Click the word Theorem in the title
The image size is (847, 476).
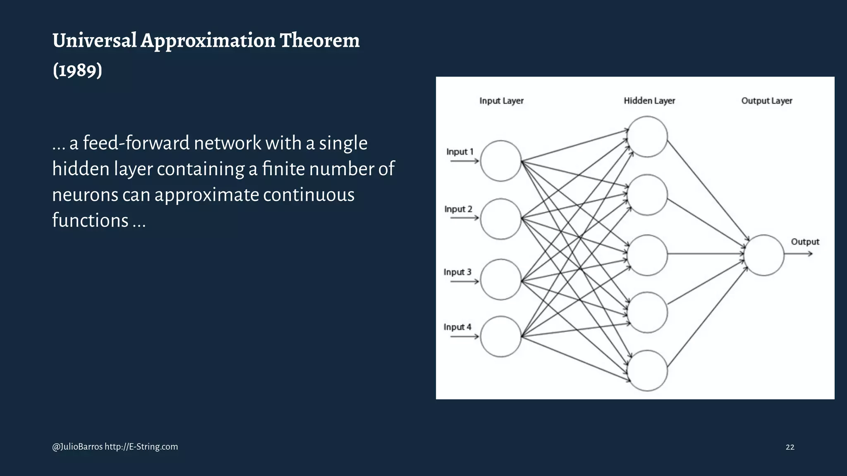(320, 40)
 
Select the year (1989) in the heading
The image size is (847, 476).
(77, 70)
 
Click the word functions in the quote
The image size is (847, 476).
(90, 220)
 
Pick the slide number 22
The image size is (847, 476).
(790, 447)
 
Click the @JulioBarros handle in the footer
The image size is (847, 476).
(77, 447)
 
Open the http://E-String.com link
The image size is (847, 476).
(141, 447)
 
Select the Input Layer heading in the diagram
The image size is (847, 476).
(501, 101)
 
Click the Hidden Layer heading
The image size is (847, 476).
(649, 101)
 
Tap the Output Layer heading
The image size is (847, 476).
(766, 101)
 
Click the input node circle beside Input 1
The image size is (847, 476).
(500, 161)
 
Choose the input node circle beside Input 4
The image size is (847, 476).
(500, 336)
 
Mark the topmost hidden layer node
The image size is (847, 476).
(647, 136)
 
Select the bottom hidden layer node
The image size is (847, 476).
(647, 371)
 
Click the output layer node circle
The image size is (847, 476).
(764, 255)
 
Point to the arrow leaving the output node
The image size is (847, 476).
(798, 254)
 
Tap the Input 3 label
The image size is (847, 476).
(457, 272)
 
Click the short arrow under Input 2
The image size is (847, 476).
(464, 218)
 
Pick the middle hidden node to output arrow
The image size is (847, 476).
(706, 254)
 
